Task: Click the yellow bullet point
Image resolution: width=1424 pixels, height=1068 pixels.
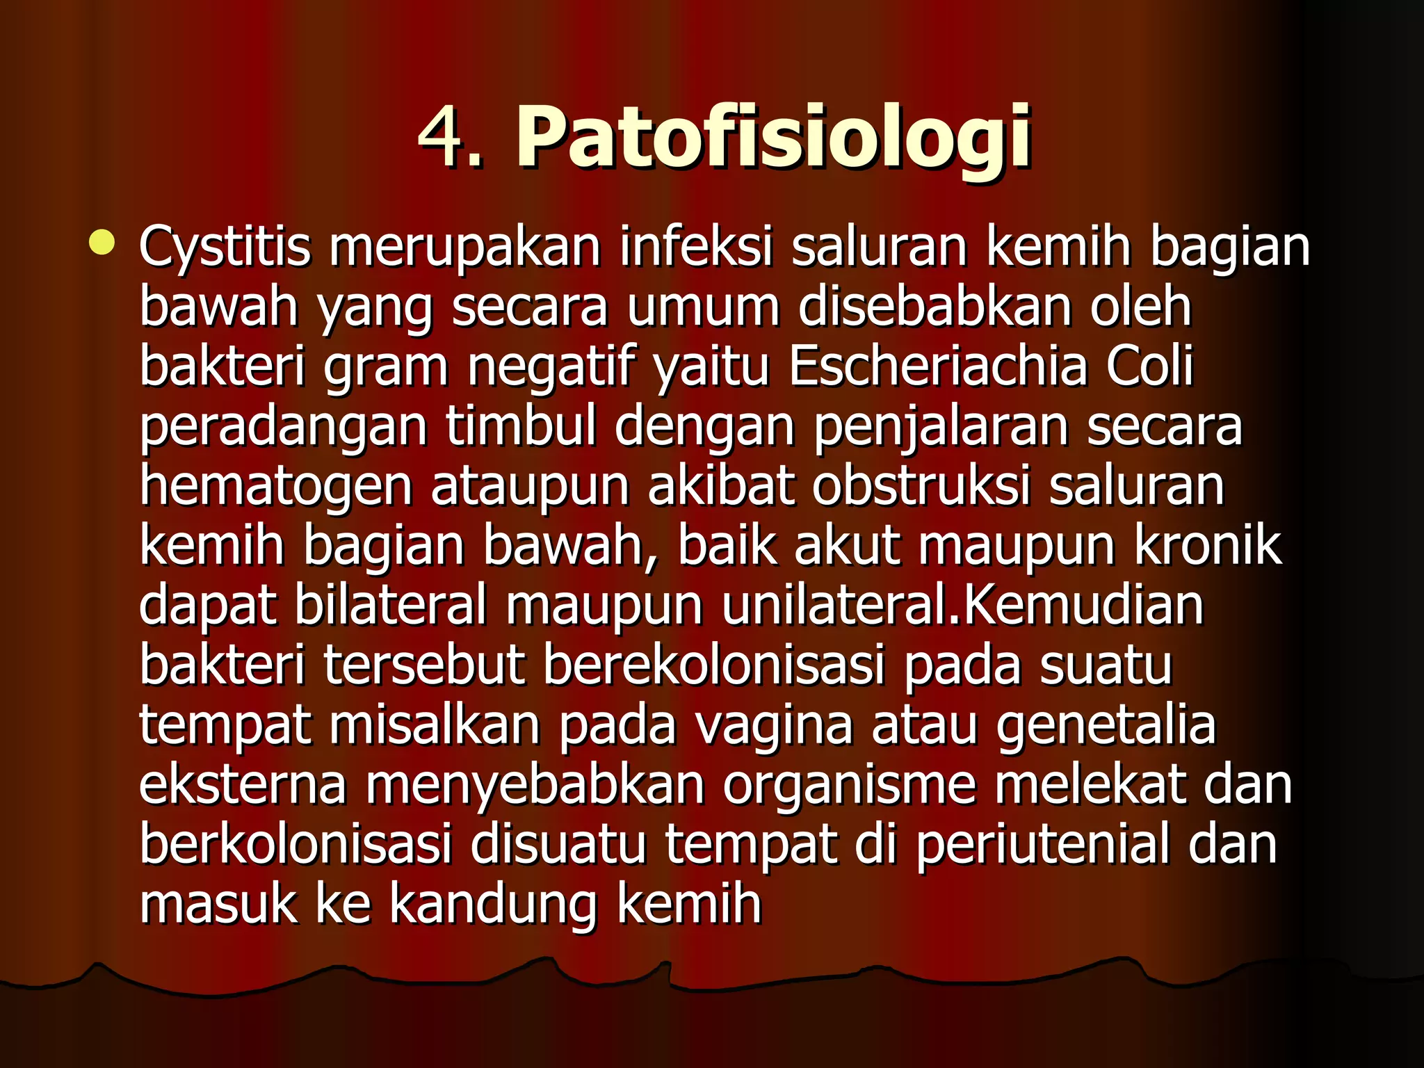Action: tap(102, 243)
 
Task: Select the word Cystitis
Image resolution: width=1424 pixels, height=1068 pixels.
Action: tap(225, 248)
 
